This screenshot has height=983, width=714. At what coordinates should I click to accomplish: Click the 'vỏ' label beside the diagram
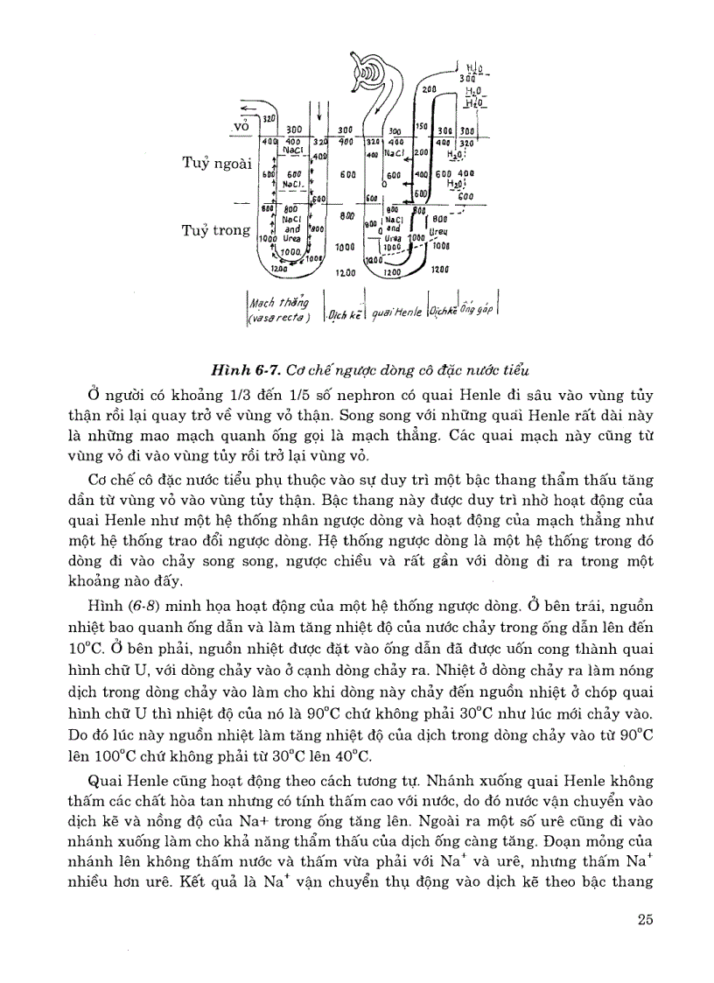pyautogui.click(x=241, y=127)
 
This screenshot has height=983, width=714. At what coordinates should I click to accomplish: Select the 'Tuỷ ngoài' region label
pyautogui.click(x=216, y=164)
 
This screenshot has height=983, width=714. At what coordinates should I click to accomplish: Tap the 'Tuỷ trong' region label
pyautogui.click(x=216, y=230)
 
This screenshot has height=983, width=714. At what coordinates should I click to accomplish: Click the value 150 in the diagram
pyautogui.click(x=420, y=126)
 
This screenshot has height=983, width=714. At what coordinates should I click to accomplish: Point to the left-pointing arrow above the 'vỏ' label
pyautogui.click(x=249, y=111)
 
